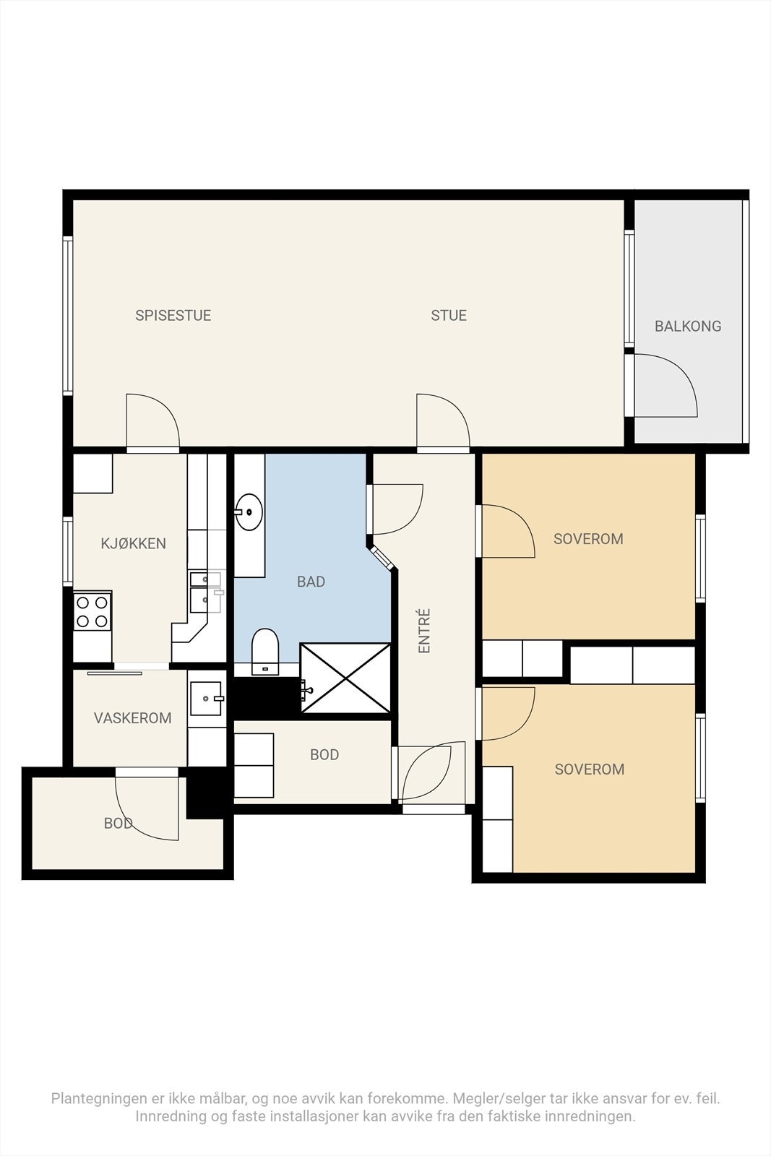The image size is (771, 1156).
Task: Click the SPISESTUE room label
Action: (173, 315)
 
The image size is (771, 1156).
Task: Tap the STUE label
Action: (449, 315)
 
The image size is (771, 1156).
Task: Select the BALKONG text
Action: (688, 326)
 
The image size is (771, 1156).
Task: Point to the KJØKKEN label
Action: (133, 543)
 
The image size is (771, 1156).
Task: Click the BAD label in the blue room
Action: (311, 582)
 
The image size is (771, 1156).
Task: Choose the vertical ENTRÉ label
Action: (424, 631)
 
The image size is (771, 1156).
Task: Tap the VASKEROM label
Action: (133, 718)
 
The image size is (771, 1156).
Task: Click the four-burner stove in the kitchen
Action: (92, 611)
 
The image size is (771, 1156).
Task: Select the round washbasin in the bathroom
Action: (249, 512)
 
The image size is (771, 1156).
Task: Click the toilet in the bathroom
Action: (265, 651)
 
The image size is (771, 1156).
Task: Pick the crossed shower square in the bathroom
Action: (345, 678)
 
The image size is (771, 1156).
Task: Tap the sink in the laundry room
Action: (207, 698)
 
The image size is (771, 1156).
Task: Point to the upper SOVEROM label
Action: (588, 539)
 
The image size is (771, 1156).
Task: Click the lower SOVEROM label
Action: (590, 769)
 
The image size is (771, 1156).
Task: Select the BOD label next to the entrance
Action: (324, 754)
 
